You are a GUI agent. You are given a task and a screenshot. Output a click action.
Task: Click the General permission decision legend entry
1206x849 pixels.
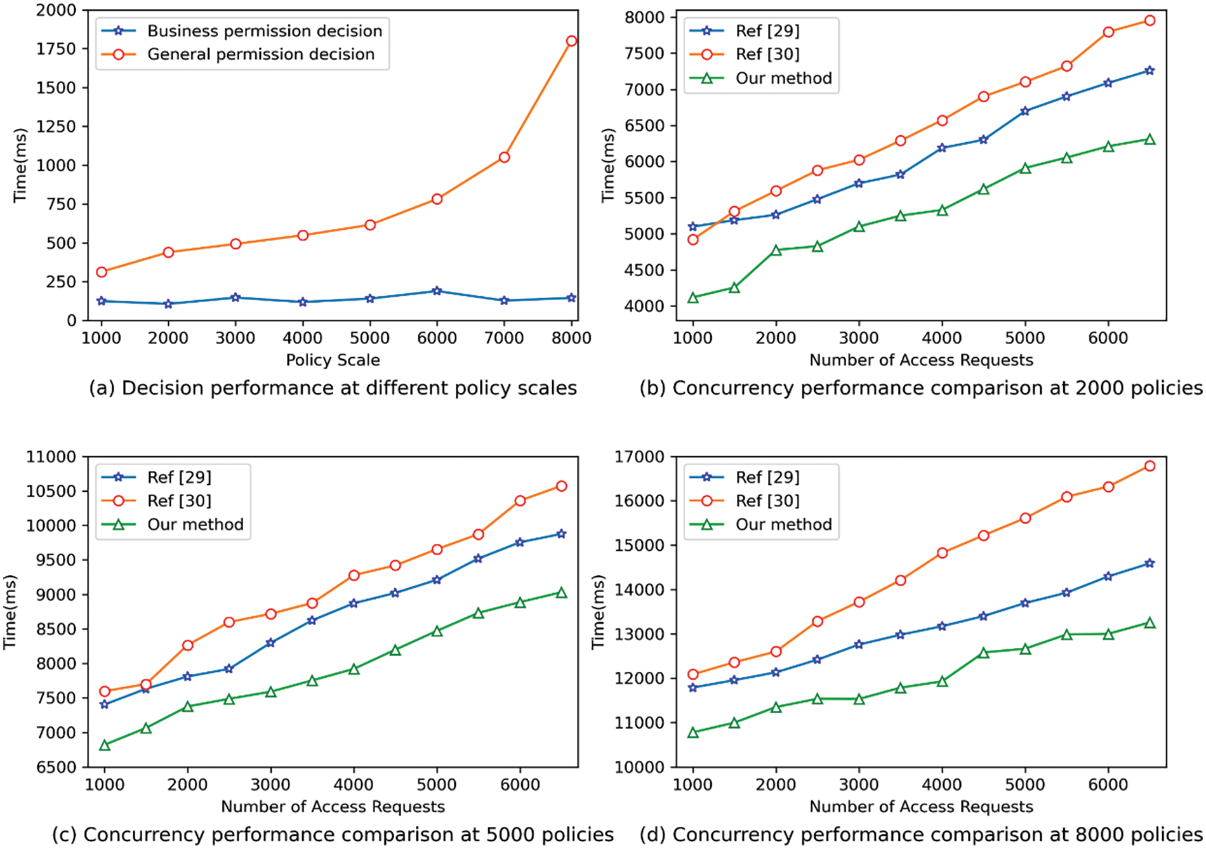(x=261, y=55)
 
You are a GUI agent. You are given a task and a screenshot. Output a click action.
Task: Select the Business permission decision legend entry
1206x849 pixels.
(x=265, y=31)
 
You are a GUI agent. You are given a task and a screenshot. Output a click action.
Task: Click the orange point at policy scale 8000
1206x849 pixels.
(x=571, y=41)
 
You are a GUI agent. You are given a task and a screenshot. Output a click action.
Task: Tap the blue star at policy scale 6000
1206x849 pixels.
(x=437, y=291)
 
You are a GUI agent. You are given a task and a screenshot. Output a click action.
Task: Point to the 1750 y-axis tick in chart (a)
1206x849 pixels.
(x=56, y=49)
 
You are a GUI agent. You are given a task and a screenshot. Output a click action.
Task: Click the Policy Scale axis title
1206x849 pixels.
(x=333, y=360)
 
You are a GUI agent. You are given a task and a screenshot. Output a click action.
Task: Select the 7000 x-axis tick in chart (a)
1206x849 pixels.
(x=504, y=338)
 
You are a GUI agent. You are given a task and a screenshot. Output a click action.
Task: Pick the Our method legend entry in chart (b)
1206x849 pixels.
(x=783, y=79)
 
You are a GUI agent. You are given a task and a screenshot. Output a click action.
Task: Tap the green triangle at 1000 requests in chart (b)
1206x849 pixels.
(x=692, y=298)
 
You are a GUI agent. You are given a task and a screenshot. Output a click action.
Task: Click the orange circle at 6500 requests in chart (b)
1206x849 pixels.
(x=1150, y=21)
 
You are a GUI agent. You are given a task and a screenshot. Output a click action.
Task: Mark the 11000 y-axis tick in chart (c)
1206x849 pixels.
(x=50, y=457)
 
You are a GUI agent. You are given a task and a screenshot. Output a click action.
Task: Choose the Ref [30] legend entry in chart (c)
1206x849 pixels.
(x=179, y=501)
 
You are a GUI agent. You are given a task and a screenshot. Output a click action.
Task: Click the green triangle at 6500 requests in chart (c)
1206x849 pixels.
(x=561, y=593)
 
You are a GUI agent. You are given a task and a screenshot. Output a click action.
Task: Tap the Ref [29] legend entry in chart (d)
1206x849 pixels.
(x=767, y=477)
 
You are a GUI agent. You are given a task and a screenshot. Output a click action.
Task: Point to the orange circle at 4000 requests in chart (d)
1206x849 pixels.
(x=942, y=553)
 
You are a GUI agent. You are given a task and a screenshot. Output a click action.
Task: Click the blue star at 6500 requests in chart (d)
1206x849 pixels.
(x=1150, y=563)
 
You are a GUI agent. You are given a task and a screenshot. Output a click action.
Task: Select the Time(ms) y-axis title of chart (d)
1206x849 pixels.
(x=599, y=612)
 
